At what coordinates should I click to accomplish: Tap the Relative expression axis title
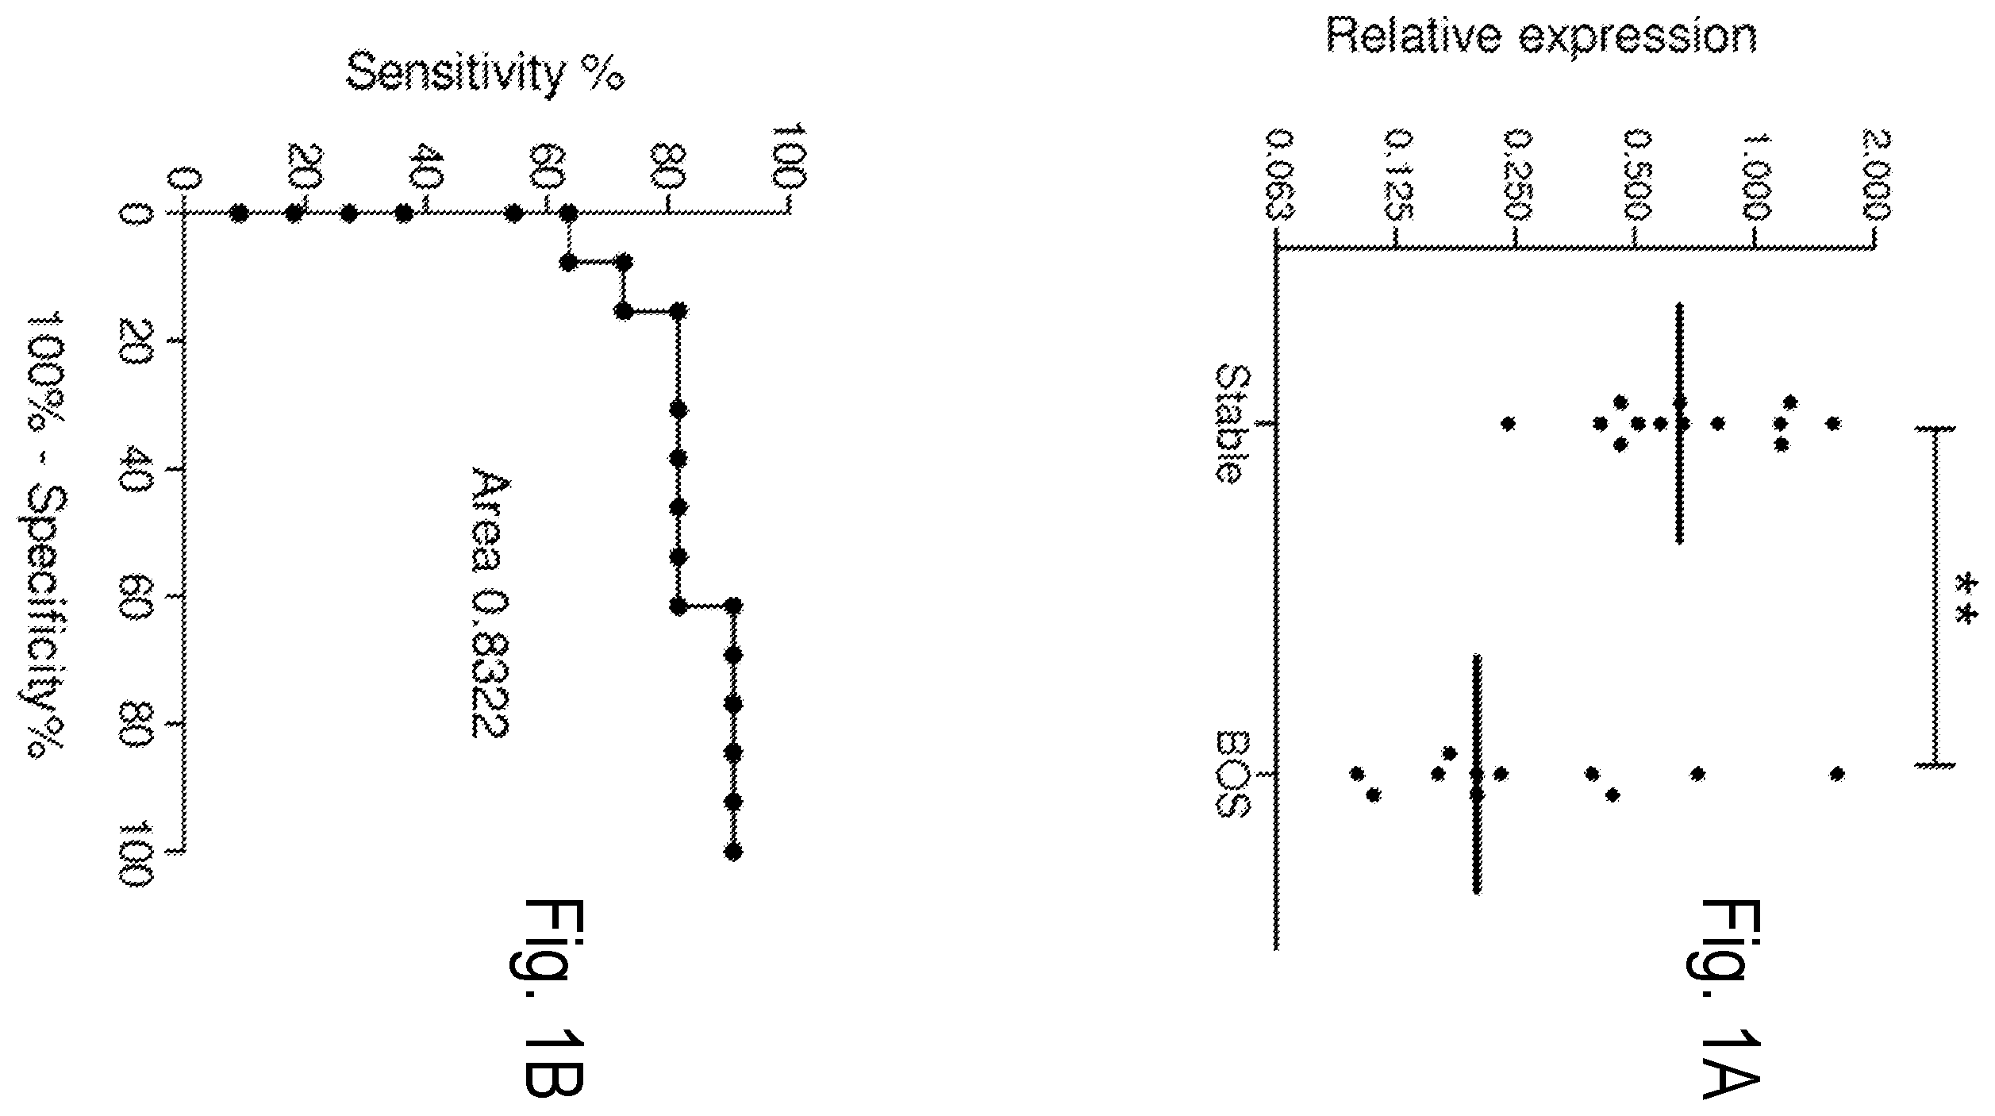click(1542, 36)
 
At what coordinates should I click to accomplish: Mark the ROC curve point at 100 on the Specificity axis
click(733, 852)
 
